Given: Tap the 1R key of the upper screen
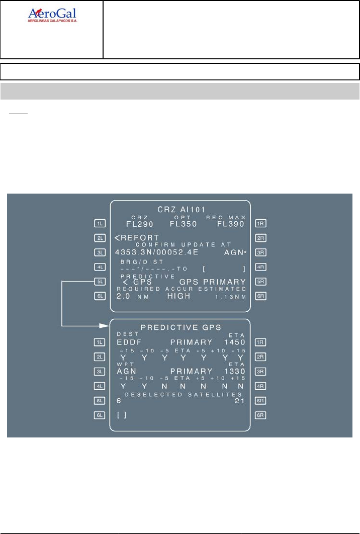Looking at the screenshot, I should (261, 223).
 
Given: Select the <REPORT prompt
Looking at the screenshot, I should (136, 238).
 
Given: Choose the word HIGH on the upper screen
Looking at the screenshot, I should (180, 297).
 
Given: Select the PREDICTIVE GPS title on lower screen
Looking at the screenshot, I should (181, 327).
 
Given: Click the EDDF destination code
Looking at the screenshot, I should (129, 342).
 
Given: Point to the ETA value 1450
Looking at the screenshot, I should (235, 342).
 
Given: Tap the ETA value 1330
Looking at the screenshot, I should (235, 372).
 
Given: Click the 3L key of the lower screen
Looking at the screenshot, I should (99, 371).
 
